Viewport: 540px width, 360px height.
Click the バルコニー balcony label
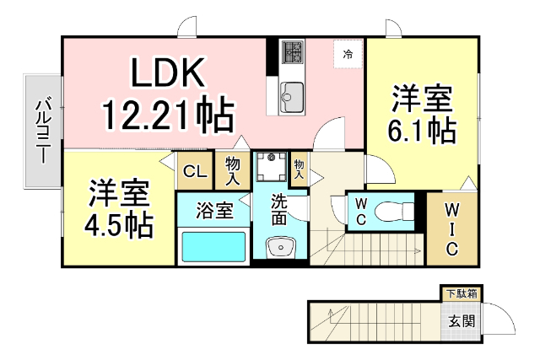[x=42, y=132]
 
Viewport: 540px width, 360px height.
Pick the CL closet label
[x=195, y=172]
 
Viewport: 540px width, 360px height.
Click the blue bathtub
[x=213, y=247]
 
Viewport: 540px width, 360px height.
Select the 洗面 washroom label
[x=279, y=210]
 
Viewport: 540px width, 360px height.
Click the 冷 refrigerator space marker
[x=348, y=54]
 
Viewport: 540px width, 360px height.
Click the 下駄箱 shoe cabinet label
[x=461, y=293]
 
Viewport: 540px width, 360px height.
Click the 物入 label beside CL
[x=233, y=171]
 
